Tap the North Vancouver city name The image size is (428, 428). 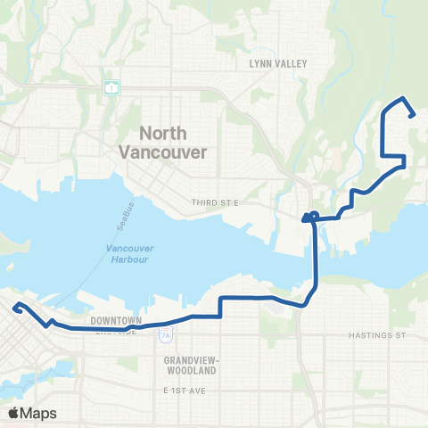coord(163,143)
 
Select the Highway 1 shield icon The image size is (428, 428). coord(111,87)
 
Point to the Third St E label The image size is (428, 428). coord(217,203)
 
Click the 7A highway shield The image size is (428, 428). coord(166,335)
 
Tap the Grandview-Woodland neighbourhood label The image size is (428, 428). coord(193,364)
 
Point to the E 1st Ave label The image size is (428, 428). coord(185,391)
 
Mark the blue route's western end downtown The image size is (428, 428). coord(15,309)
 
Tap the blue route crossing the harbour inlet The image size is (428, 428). coord(316,259)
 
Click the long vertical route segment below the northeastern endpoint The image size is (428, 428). coord(384,134)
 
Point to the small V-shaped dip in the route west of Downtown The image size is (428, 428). coord(49,322)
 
